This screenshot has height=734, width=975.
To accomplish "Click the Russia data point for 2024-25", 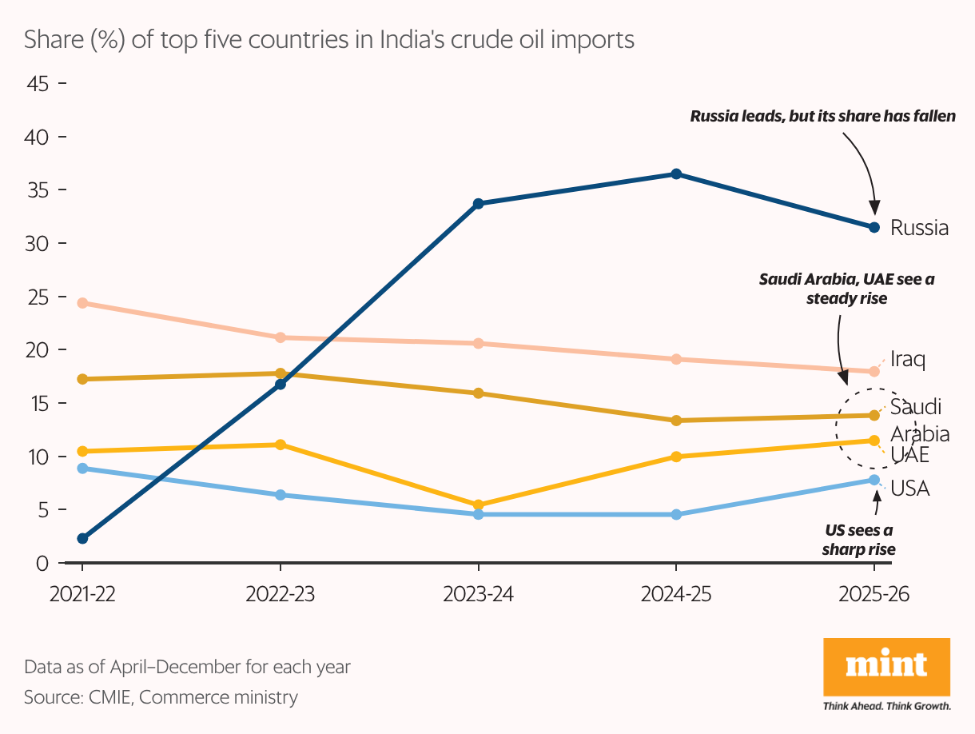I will [x=676, y=174].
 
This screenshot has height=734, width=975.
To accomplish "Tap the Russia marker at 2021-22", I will [x=82, y=538].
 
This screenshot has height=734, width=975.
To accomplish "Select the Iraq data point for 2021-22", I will [x=82, y=303].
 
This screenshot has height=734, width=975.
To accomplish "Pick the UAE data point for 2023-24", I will [x=478, y=505].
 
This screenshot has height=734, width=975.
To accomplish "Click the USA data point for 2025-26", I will [x=874, y=480].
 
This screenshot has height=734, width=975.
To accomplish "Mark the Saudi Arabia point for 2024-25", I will [x=676, y=421].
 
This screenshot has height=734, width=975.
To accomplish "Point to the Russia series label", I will [x=919, y=228].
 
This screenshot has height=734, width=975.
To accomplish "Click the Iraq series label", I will [x=907, y=360].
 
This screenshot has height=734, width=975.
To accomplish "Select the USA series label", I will [x=909, y=488].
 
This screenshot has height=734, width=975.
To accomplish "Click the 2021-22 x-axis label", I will [x=82, y=595].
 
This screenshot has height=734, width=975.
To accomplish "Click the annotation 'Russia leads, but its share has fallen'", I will [x=822, y=117].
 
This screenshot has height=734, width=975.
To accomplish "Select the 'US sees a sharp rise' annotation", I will [x=859, y=540].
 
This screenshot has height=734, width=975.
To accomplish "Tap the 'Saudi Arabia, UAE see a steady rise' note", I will [x=846, y=289].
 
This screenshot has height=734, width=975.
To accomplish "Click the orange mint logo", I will [x=886, y=667].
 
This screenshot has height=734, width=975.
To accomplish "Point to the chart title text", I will [x=329, y=39].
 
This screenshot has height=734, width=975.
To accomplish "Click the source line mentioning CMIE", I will [x=161, y=697].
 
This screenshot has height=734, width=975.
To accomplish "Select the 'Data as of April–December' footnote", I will [x=187, y=666].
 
